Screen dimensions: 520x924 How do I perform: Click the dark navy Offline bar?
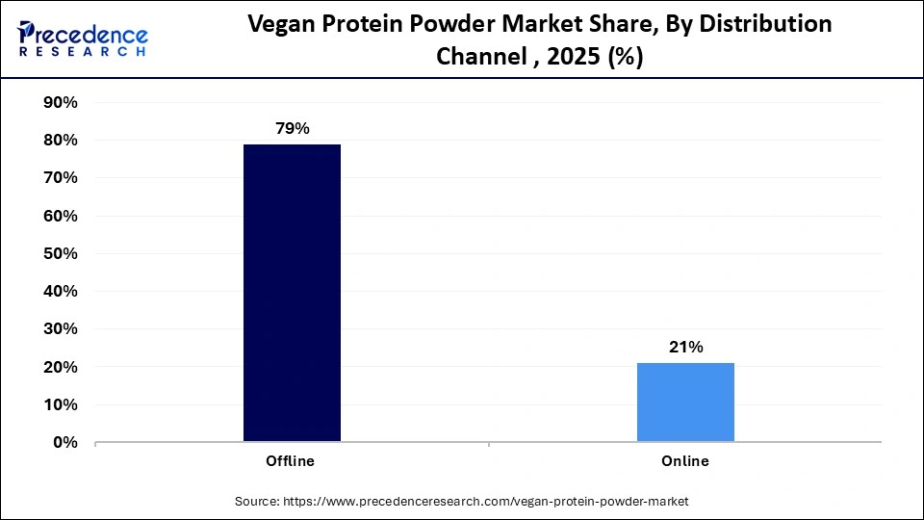tap(292, 293)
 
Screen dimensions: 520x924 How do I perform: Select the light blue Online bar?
tap(685, 403)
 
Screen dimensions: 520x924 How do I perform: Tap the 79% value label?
tap(292, 129)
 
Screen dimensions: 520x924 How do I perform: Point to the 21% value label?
tap(685, 348)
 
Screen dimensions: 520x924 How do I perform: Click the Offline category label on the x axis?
tap(290, 461)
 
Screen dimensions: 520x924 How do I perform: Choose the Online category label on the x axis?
tap(685, 461)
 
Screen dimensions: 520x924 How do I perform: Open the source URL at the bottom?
tap(462, 502)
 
